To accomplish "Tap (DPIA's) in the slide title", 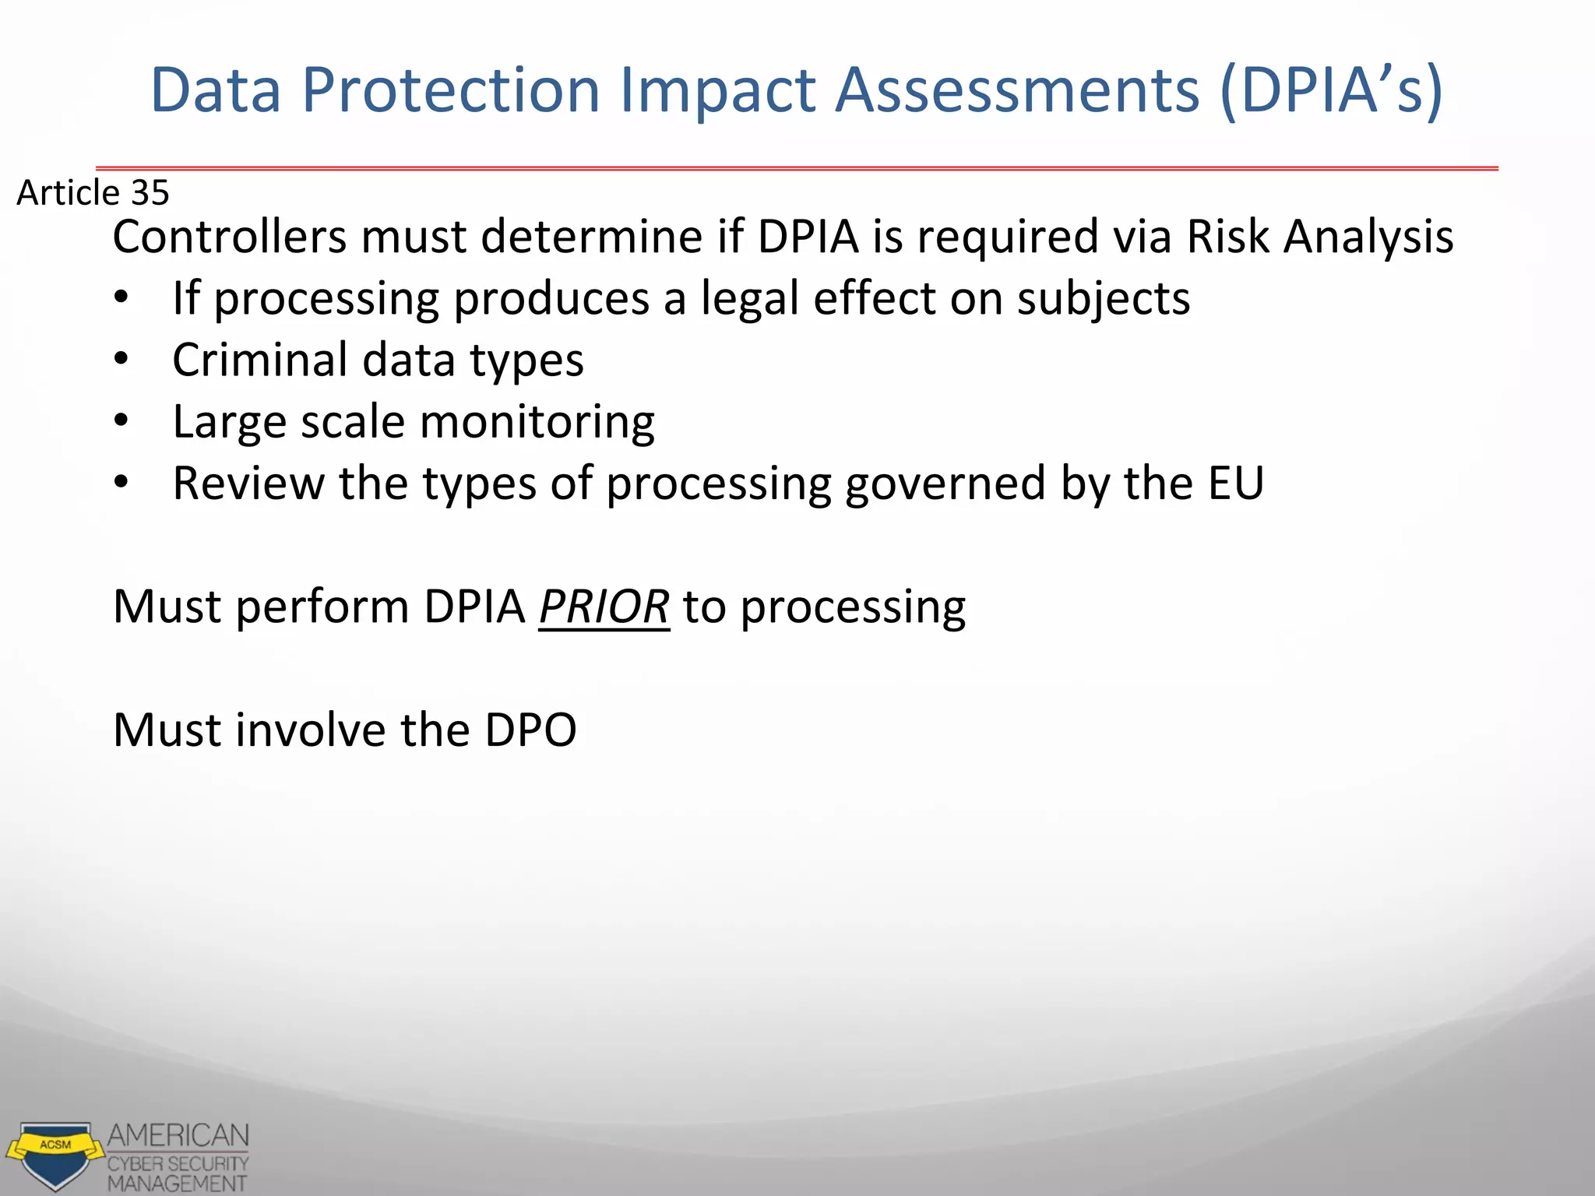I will [x=1331, y=91].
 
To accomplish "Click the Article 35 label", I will [x=93, y=192].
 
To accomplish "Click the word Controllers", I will [x=229, y=237].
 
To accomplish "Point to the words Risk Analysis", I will [x=1319, y=237].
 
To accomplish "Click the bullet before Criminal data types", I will [x=121, y=360].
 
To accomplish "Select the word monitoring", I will [x=537, y=422].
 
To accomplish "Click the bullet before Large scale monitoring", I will [x=121, y=421].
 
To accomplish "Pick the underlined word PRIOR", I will [x=604, y=607].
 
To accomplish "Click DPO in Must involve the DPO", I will [x=530, y=730].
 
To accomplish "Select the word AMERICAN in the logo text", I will [x=178, y=1135].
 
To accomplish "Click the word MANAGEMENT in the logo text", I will [x=177, y=1184].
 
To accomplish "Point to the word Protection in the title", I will [x=451, y=91].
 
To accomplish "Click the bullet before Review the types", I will [x=121, y=483].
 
